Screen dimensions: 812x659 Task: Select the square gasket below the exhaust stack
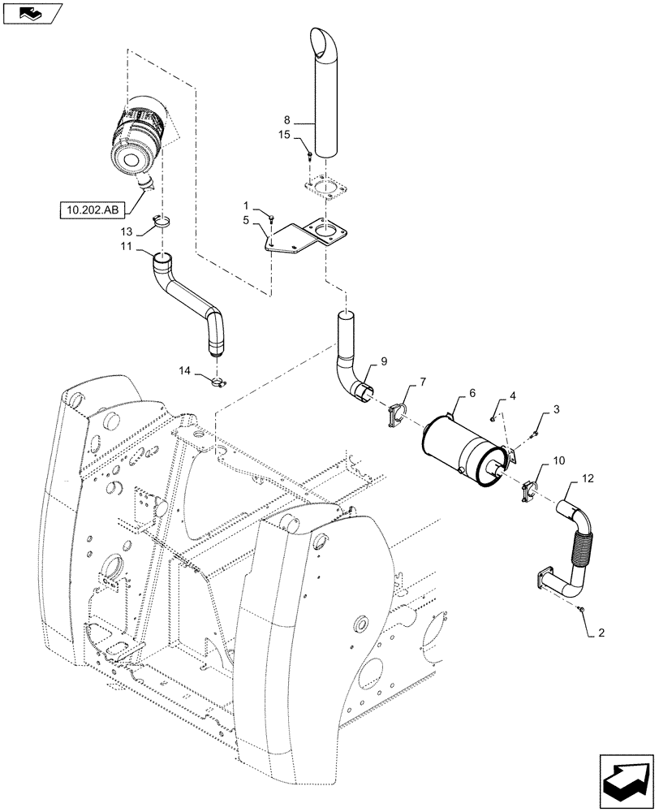click(325, 188)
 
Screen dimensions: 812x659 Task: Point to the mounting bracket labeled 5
click(304, 239)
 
